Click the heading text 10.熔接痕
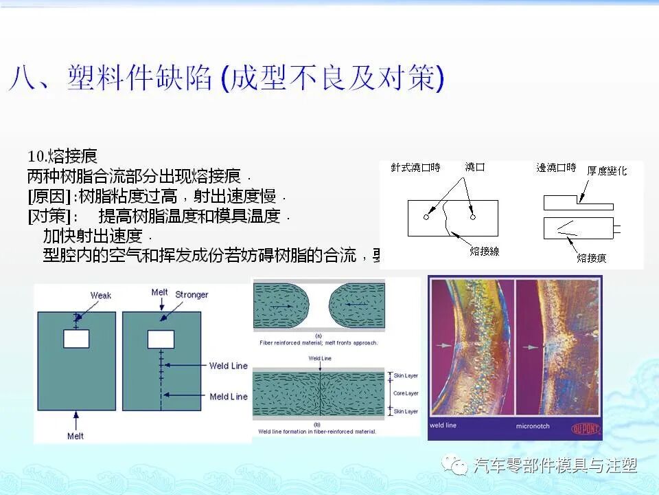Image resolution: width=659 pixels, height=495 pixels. pyautogui.click(x=62, y=157)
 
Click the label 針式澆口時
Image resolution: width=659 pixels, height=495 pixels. pyautogui.click(x=416, y=167)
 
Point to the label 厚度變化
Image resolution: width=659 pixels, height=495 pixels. pyautogui.click(x=607, y=170)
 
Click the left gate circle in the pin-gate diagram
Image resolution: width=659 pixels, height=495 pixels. pyautogui.click(x=426, y=217)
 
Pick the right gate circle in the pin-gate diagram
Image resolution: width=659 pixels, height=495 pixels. pyautogui.click(x=472, y=217)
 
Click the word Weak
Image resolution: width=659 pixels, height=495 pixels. pyautogui.click(x=101, y=296)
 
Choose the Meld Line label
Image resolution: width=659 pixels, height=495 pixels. pyautogui.click(x=229, y=397)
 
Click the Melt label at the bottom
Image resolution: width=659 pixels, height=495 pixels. pyautogui.click(x=76, y=436)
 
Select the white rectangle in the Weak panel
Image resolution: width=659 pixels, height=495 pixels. pyautogui.click(x=76, y=338)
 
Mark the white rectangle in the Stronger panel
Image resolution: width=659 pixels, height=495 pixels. pyautogui.click(x=160, y=338)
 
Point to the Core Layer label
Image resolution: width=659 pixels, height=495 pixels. pyautogui.click(x=406, y=393)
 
